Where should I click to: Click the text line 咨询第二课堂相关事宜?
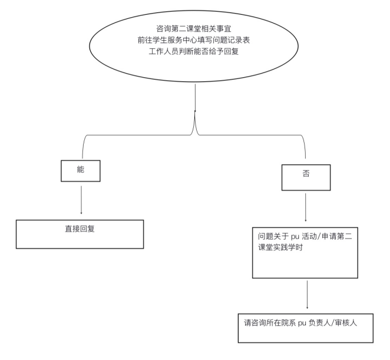tap(194, 29)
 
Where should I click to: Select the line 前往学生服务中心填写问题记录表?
tap(194, 40)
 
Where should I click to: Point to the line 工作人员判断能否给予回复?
tap(194, 51)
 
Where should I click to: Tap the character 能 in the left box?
tap(81, 170)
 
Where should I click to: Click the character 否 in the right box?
tap(306, 173)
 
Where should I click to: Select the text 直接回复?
tap(80, 229)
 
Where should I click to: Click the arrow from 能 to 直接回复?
tap(81, 200)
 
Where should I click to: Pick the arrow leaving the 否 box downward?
tap(306, 207)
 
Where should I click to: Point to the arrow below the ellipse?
tap(195, 98)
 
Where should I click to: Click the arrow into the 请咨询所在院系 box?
tap(307, 295)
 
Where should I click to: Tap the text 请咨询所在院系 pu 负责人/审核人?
tap(300, 323)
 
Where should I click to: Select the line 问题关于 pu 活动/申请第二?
tap(305, 236)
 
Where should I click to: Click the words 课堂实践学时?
tap(280, 247)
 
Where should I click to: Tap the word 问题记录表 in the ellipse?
tap(232, 40)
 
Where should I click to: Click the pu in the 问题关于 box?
tap(295, 237)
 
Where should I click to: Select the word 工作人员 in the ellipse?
tap(164, 51)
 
